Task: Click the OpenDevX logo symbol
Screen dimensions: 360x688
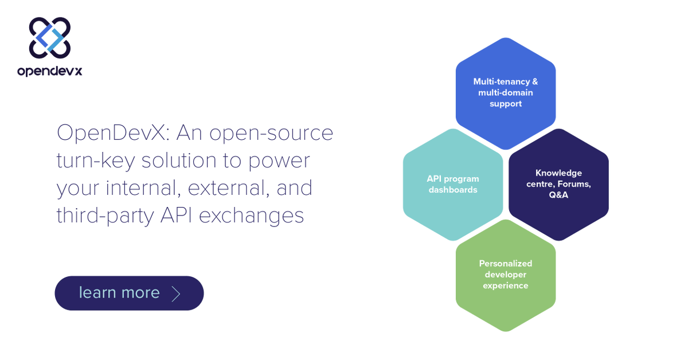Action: pyautogui.click(x=50, y=37)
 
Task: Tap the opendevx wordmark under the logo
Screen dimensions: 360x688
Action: pyautogui.click(x=50, y=71)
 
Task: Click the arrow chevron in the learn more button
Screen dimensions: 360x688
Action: pyautogui.click(x=176, y=294)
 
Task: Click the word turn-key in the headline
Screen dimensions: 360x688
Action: pyautogui.click(x=95, y=160)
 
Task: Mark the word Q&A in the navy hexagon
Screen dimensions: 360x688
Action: pyautogui.click(x=558, y=195)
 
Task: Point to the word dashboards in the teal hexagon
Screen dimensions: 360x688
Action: pyautogui.click(x=453, y=190)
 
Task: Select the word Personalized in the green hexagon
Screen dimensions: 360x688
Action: pyautogui.click(x=506, y=264)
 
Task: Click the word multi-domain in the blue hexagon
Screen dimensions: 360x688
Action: pyautogui.click(x=506, y=93)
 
